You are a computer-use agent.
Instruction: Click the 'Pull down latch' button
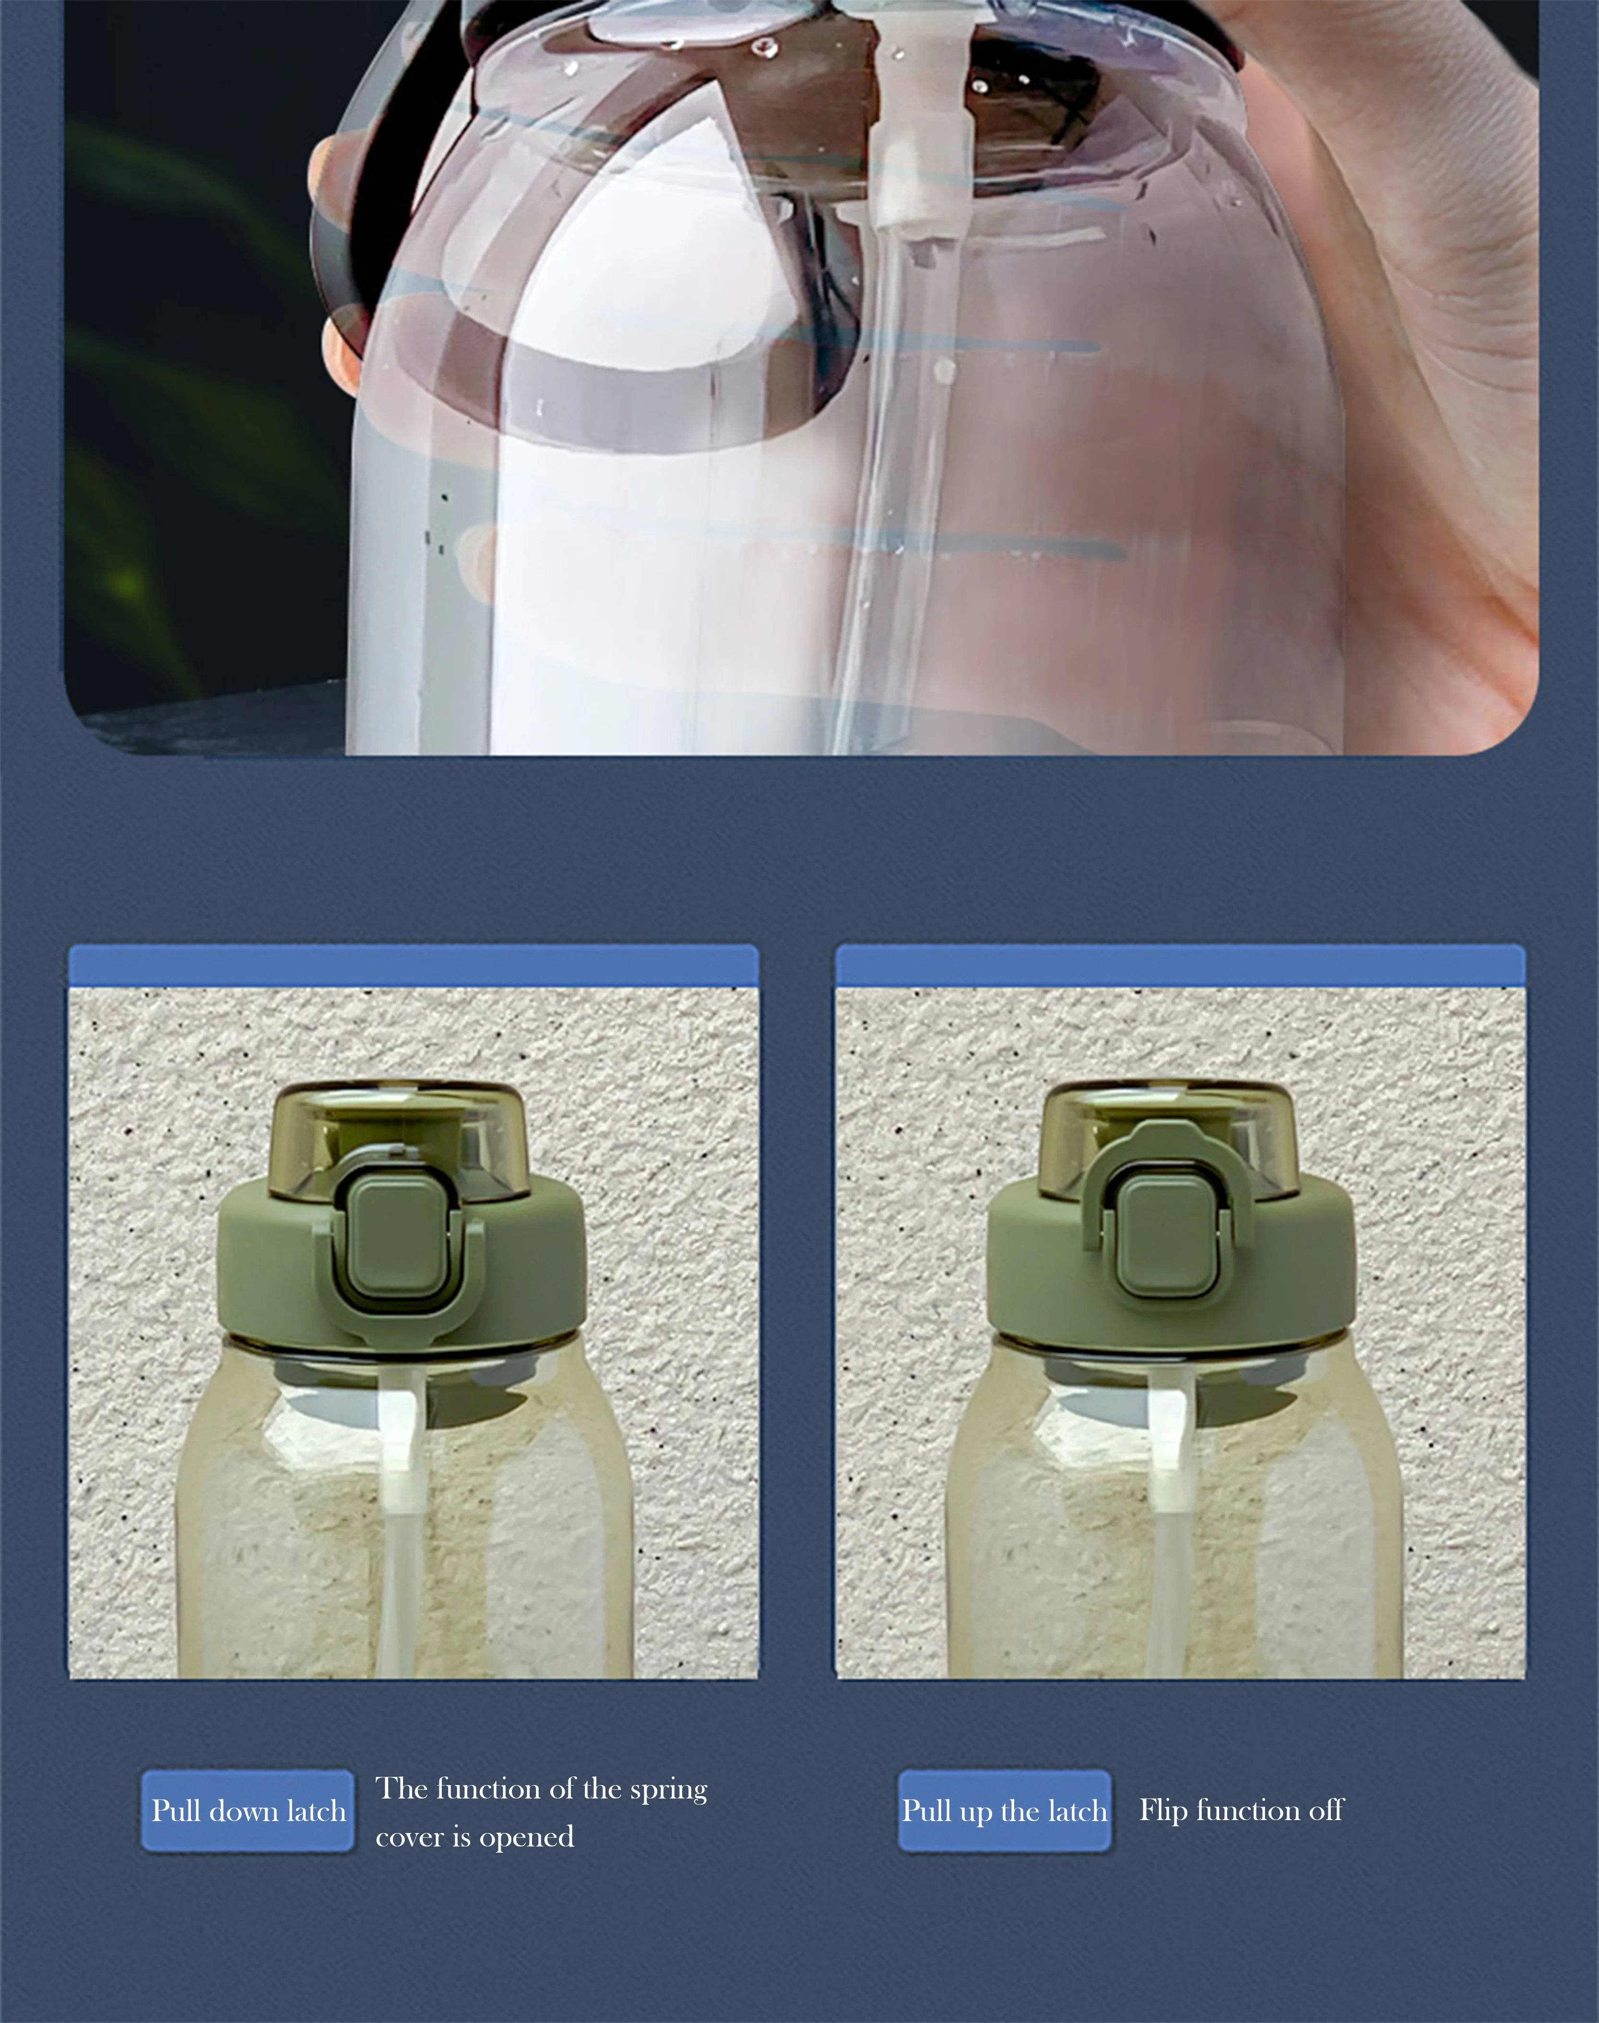[248, 1810]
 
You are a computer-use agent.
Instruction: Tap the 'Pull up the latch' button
[1005, 1810]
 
